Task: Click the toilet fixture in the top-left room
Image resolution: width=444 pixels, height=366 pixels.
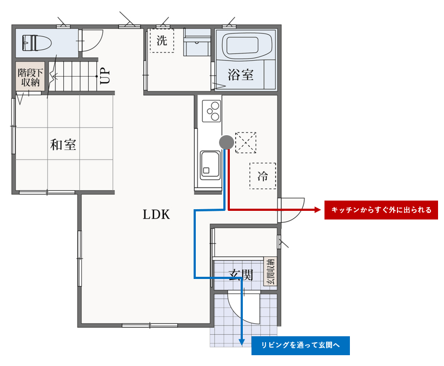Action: coord(37,43)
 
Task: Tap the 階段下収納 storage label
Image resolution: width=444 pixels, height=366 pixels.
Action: coord(30,77)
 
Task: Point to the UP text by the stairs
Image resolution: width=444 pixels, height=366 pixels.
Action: coord(105,76)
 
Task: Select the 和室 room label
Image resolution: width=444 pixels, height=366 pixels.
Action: coord(63,144)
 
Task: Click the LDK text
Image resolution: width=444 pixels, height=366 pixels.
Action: coord(156,215)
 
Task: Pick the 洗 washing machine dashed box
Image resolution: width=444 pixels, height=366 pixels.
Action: coord(162,41)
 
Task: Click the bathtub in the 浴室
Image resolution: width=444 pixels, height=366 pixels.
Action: coord(245,45)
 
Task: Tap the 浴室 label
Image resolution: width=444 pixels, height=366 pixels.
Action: coord(241,75)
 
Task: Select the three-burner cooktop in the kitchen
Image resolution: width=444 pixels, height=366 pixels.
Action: coord(211,111)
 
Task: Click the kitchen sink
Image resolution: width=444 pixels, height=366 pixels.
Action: coord(210,165)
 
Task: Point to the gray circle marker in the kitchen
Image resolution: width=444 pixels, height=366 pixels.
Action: coord(227,142)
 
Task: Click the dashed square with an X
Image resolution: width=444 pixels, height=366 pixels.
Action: coord(246,143)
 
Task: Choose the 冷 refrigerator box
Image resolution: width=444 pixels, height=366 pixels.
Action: coord(263,176)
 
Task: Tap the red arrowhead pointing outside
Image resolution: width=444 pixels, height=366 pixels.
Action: coord(317,210)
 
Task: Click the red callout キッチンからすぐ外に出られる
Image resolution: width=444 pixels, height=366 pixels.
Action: coord(381,210)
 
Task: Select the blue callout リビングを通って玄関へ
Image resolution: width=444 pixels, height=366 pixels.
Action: coord(301,345)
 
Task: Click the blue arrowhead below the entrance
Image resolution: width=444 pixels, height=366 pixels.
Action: coord(242,342)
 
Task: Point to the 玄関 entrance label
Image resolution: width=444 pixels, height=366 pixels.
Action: coord(241,275)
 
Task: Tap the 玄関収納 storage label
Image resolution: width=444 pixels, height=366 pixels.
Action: coord(270,271)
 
